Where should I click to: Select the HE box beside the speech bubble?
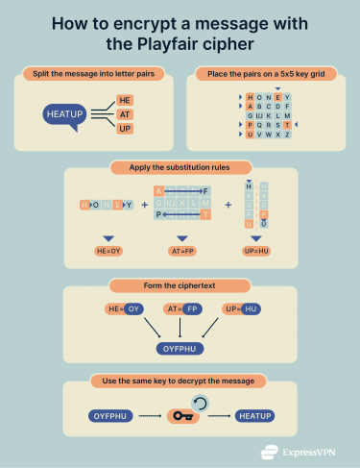click(x=124, y=99)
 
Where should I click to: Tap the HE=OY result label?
click(x=108, y=250)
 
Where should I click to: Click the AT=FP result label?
click(x=181, y=250)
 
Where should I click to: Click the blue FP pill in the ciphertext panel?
click(x=193, y=309)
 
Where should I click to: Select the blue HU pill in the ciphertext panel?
click(x=252, y=309)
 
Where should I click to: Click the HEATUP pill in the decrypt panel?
click(x=255, y=415)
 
